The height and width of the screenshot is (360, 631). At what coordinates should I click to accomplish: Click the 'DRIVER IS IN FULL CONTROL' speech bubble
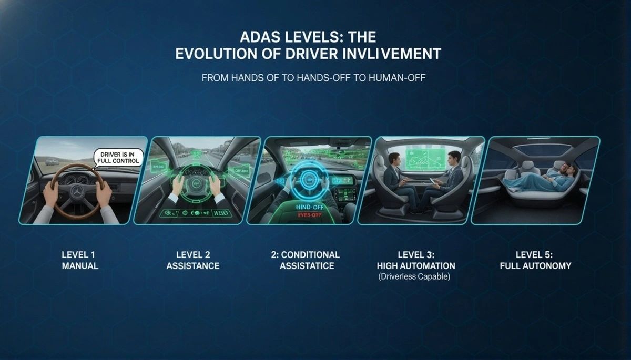[118, 157]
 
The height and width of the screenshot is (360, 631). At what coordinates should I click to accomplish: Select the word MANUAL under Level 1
[80, 266]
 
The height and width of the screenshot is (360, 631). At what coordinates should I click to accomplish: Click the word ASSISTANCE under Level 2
[193, 266]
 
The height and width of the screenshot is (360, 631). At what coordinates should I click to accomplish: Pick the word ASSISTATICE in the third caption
[307, 266]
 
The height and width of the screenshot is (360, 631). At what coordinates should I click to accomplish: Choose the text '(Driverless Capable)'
[415, 276]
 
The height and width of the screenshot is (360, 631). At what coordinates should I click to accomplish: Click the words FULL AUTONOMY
[535, 266]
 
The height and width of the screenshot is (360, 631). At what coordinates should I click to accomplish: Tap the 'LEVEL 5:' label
[535, 255]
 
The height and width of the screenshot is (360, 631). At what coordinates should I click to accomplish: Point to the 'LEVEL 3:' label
[415, 255]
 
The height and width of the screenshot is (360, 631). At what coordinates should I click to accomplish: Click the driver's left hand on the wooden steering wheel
[50, 192]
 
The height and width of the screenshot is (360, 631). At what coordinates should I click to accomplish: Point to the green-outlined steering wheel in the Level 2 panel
[195, 181]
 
